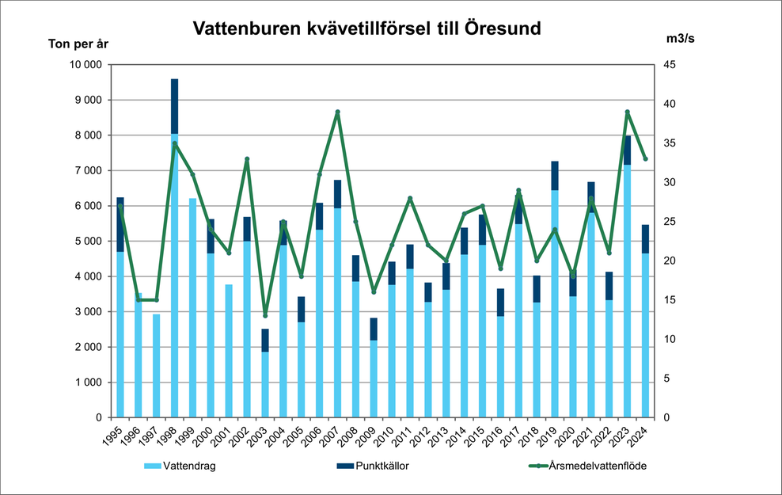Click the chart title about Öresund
(367, 29)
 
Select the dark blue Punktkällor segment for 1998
(174, 106)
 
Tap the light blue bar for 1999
(192, 309)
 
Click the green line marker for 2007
(337, 112)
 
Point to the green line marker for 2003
(265, 315)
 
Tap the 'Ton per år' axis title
(78, 44)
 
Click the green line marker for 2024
(646, 159)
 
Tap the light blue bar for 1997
(157, 366)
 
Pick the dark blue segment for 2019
(555, 176)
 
